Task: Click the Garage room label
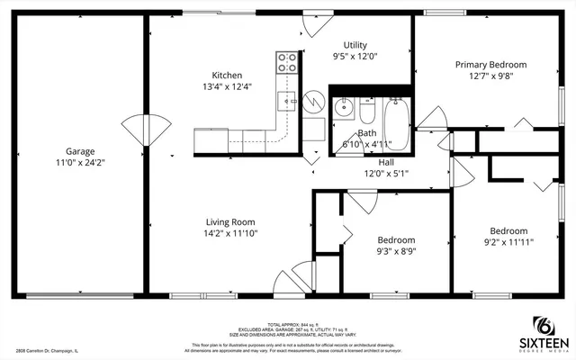point(79,151)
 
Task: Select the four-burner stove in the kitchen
point(287,62)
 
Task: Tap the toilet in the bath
point(367,112)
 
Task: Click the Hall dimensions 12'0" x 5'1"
point(379,174)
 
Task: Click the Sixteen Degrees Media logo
point(542,333)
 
